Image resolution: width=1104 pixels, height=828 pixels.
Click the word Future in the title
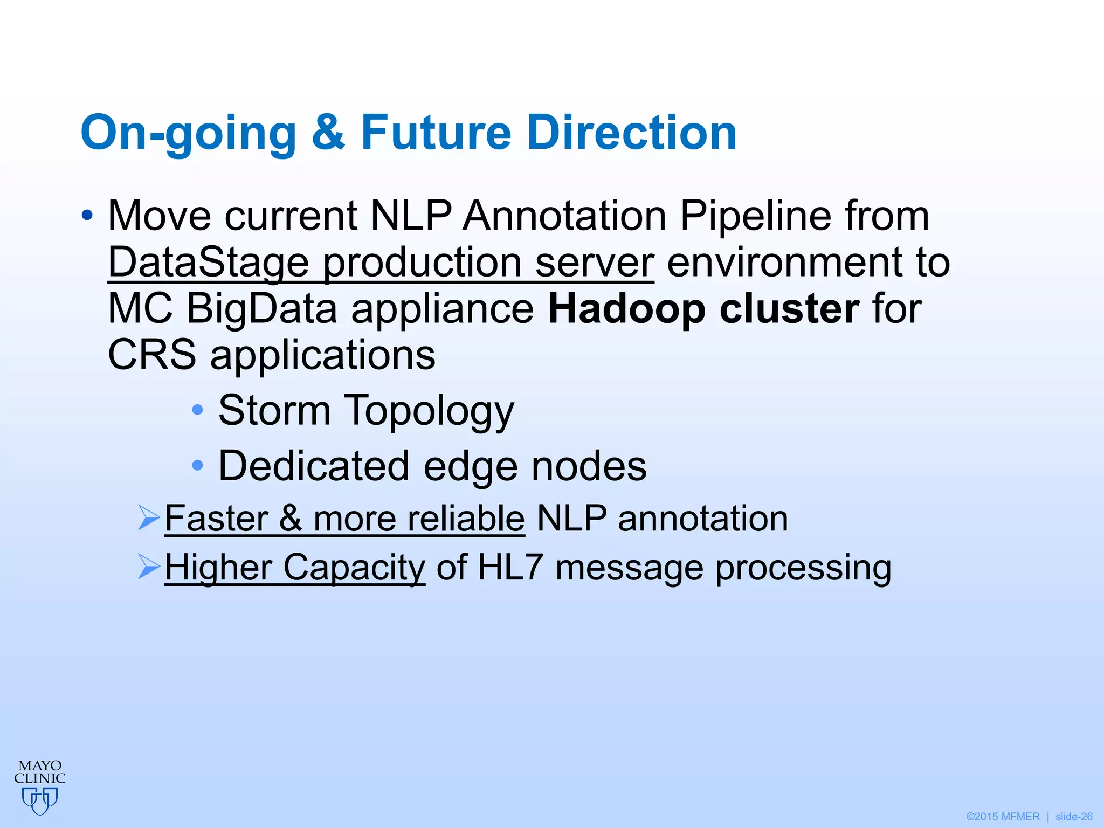coord(436,133)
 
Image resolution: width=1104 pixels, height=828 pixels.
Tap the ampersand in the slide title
coord(328,133)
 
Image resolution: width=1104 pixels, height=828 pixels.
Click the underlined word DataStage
coord(208,263)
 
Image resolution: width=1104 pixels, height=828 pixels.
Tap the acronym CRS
coord(152,355)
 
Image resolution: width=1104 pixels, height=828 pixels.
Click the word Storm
coord(274,411)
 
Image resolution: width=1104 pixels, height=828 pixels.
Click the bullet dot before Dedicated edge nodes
coord(198,465)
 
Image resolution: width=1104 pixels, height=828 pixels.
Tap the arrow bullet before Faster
coord(149,517)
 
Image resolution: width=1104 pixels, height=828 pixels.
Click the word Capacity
coord(354,569)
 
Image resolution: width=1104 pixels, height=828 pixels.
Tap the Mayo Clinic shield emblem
coord(40,800)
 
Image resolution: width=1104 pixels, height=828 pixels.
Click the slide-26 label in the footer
coord(1074,817)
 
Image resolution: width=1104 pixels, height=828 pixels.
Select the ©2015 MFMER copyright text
coord(1003,817)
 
